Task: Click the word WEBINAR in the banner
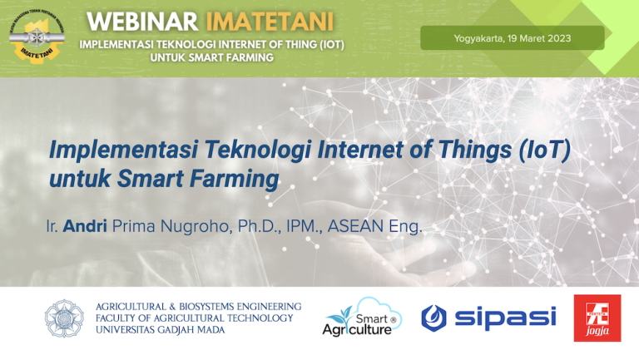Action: point(131,19)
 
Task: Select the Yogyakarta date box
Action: point(512,38)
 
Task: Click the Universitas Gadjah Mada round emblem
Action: point(64,318)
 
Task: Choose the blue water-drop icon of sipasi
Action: point(434,317)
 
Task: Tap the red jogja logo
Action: point(597,318)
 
